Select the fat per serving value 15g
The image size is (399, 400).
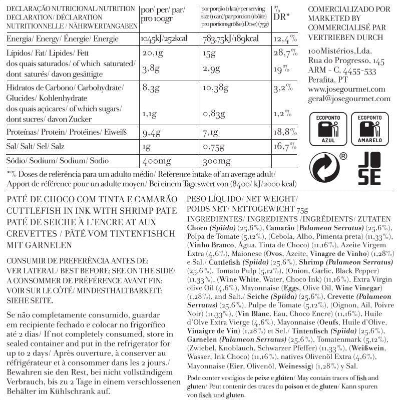[x=209, y=54]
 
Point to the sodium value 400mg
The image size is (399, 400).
[x=157, y=161]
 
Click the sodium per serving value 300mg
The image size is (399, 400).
[x=217, y=161]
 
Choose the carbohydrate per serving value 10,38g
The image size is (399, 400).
[x=216, y=89]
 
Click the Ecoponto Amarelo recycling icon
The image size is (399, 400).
[x=369, y=129]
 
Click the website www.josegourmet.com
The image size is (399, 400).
[x=346, y=90]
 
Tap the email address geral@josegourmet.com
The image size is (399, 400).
[x=348, y=99]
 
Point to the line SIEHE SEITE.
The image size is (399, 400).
[x=30, y=300]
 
